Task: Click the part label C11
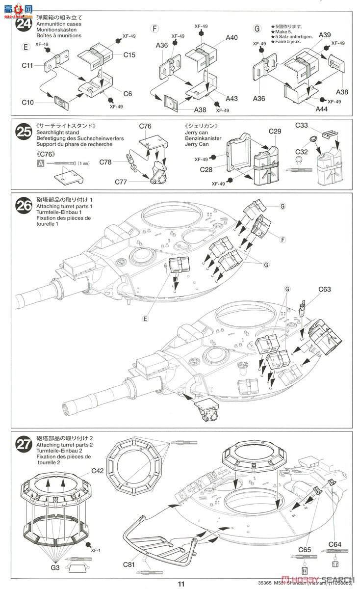point(27,65)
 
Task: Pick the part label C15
point(129,55)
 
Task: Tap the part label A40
point(232,38)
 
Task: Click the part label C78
point(105,162)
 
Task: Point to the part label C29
point(275,132)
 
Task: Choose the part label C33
point(302,126)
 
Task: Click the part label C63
point(324,289)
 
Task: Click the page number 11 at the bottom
point(181,584)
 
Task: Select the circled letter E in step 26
point(146,319)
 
